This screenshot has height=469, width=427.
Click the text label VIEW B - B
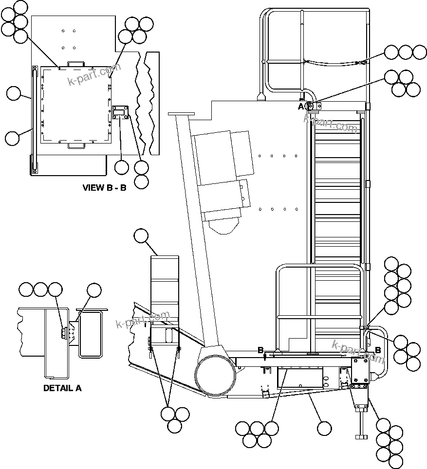click(x=104, y=188)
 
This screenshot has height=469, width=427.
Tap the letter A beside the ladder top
click(x=300, y=106)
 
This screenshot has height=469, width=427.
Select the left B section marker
click(x=260, y=350)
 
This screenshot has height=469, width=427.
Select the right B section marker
click(x=377, y=350)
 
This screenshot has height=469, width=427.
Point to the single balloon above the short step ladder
click(x=141, y=236)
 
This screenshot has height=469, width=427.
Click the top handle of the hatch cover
click(x=75, y=64)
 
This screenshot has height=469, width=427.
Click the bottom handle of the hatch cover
click(x=76, y=145)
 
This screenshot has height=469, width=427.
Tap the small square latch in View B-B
click(x=120, y=112)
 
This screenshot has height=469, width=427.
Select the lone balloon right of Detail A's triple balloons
click(x=94, y=290)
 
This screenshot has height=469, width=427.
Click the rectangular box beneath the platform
click(x=300, y=377)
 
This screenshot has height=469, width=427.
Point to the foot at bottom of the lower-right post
click(x=361, y=435)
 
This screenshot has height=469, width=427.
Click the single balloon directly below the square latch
click(x=122, y=167)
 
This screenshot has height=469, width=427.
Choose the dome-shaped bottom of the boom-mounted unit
click(x=225, y=225)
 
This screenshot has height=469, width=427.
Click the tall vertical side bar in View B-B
click(x=34, y=119)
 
